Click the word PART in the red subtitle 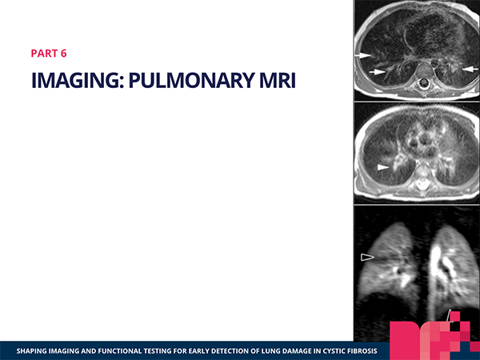(x=44, y=54)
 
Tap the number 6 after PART (x=63, y=54)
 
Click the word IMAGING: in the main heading (x=78, y=80)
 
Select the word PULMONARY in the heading (x=191, y=80)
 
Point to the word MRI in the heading (x=278, y=80)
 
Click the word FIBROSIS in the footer (x=362, y=351)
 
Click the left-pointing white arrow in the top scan (x=470, y=69)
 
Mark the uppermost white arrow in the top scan (x=363, y=55)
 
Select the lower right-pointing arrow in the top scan (x=377, y=72)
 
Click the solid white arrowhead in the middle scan (x=383, y=167)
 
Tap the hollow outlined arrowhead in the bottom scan (x=367, y=257)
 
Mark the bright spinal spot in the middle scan (x=422, y=184)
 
